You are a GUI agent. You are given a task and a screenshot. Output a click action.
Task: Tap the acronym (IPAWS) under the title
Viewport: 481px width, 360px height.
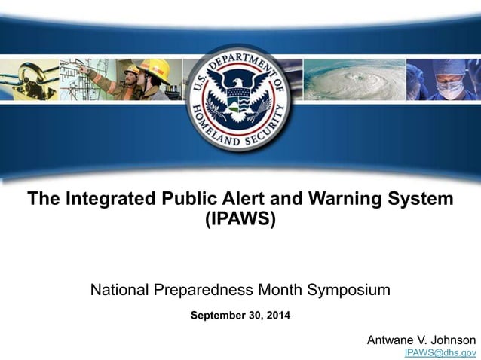240,221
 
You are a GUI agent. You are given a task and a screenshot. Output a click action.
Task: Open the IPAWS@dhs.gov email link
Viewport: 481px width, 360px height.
440,352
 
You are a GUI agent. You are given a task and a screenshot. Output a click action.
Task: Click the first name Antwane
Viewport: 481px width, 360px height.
391,340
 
